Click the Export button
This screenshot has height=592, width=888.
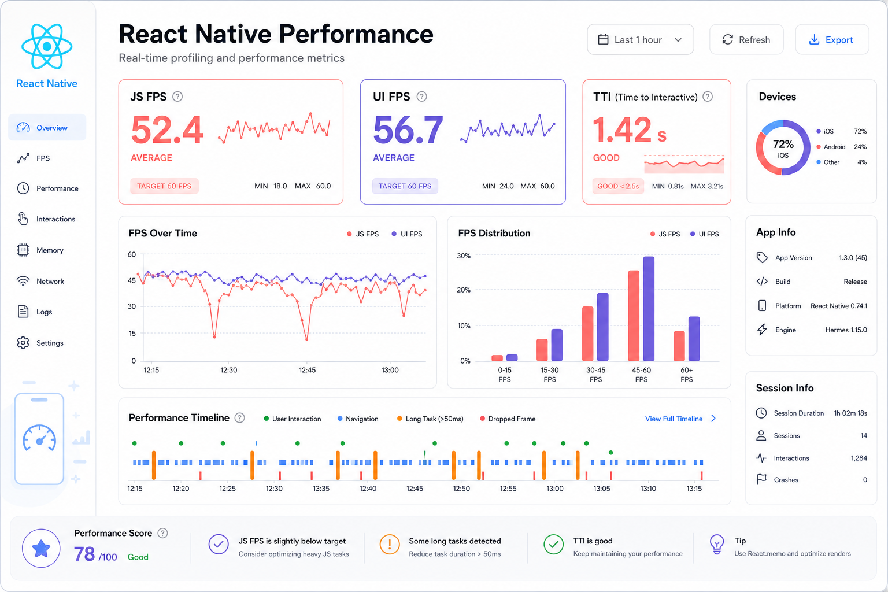click(x=832, y=40)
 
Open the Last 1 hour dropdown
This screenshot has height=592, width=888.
click(x=640, y=40)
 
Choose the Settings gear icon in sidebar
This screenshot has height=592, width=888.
click(x=23, y=343)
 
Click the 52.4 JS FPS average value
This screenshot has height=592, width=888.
click(x=167, y=130)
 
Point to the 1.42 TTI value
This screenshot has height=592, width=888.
click(x=621, y=129)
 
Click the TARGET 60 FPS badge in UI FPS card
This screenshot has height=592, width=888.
click(x=405, y=186)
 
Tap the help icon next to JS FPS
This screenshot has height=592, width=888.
click(x=177, y=97)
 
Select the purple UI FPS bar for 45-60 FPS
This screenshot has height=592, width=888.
click(x=649, y=309)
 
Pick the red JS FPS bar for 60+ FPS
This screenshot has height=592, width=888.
click(x=679, y=346)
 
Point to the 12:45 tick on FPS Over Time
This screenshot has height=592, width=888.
click(x=307, y=370)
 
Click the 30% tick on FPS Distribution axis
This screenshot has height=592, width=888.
click(x=464, y=256)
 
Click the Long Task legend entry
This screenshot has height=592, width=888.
click(x=430, y=419)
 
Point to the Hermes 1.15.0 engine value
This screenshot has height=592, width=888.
click(x=846, y=330)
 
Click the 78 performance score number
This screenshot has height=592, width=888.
click(x=84, y=554)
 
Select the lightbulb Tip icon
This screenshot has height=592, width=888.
click(x=717, y=544)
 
